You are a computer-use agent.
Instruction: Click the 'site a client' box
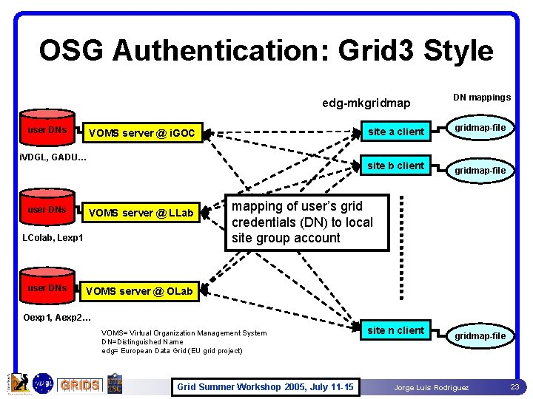(396, 132)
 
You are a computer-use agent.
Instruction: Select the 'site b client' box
(396, 166)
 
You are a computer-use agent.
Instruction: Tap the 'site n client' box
(396, 330)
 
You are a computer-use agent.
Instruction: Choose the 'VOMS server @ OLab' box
(139, 291)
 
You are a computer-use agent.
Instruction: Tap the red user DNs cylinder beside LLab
(47, 209)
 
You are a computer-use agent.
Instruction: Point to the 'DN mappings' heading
(482, 97)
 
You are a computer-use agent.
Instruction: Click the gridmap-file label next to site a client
(480, 128)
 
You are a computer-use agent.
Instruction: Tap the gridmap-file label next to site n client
(480, 336)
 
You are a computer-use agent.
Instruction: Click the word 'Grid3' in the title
(381, 50)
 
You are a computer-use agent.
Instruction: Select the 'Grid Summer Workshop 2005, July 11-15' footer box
(265, 387)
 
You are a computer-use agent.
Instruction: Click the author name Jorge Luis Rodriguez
(431, 388)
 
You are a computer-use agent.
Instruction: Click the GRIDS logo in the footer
(79, 385)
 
